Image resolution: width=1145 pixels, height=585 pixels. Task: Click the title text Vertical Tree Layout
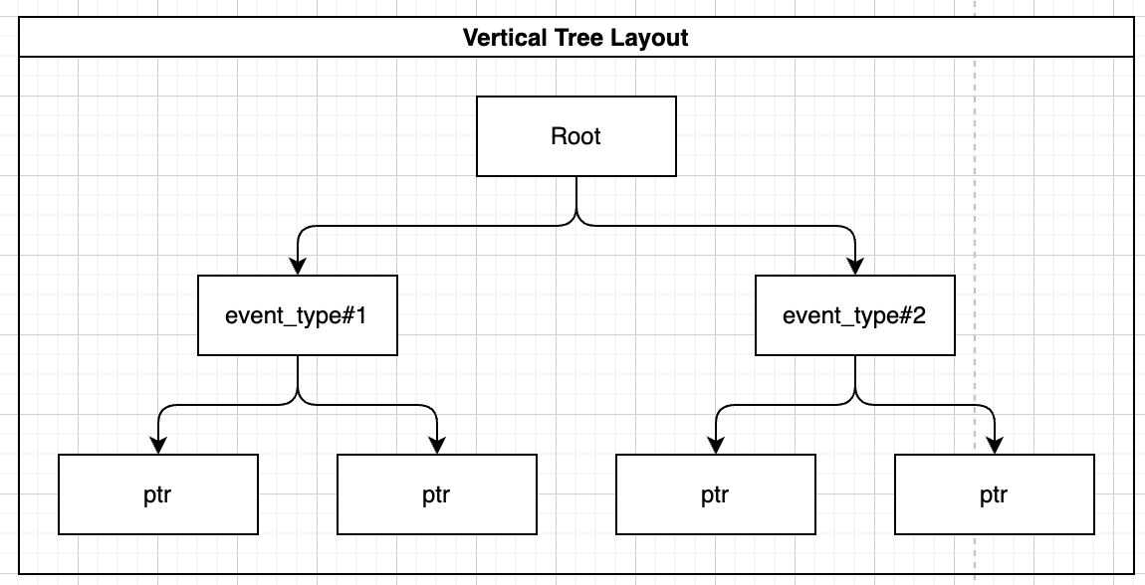[x=575, y=39]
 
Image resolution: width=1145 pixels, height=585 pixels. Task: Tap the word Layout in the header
[x=652, y=39]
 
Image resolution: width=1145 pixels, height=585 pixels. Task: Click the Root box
[x=575, y=136]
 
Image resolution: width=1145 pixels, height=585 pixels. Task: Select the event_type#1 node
[x=298, y=315]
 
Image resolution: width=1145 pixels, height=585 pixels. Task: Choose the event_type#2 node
[x=854, y=315]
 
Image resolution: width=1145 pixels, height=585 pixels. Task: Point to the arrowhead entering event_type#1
[x=298, y=267]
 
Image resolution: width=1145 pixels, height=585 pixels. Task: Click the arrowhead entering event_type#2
[x=854, y=267]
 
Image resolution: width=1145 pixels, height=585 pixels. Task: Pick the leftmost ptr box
[x=158, y=494]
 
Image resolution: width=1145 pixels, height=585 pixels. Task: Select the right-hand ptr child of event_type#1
[x=436, y=494]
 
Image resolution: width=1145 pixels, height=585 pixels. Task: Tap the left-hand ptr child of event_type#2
[x=715, y=494]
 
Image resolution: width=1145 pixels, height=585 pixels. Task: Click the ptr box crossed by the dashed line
[x=994, y=494]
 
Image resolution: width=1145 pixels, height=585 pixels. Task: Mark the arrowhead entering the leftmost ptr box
[x=158, y=446]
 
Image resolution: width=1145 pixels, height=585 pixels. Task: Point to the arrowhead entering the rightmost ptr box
[x=994, y=446]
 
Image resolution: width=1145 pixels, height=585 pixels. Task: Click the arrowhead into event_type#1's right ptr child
[x=436, y=446]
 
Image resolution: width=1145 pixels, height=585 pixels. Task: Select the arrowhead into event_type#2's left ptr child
[x=715, y=446]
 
